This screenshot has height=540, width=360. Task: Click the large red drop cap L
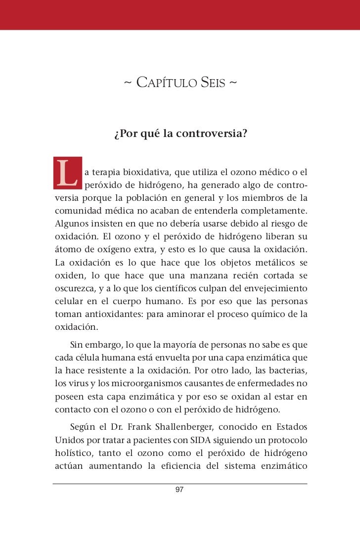coord(66,174)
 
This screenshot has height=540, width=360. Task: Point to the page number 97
coord(180,490)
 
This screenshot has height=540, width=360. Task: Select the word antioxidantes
coord(112,314)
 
